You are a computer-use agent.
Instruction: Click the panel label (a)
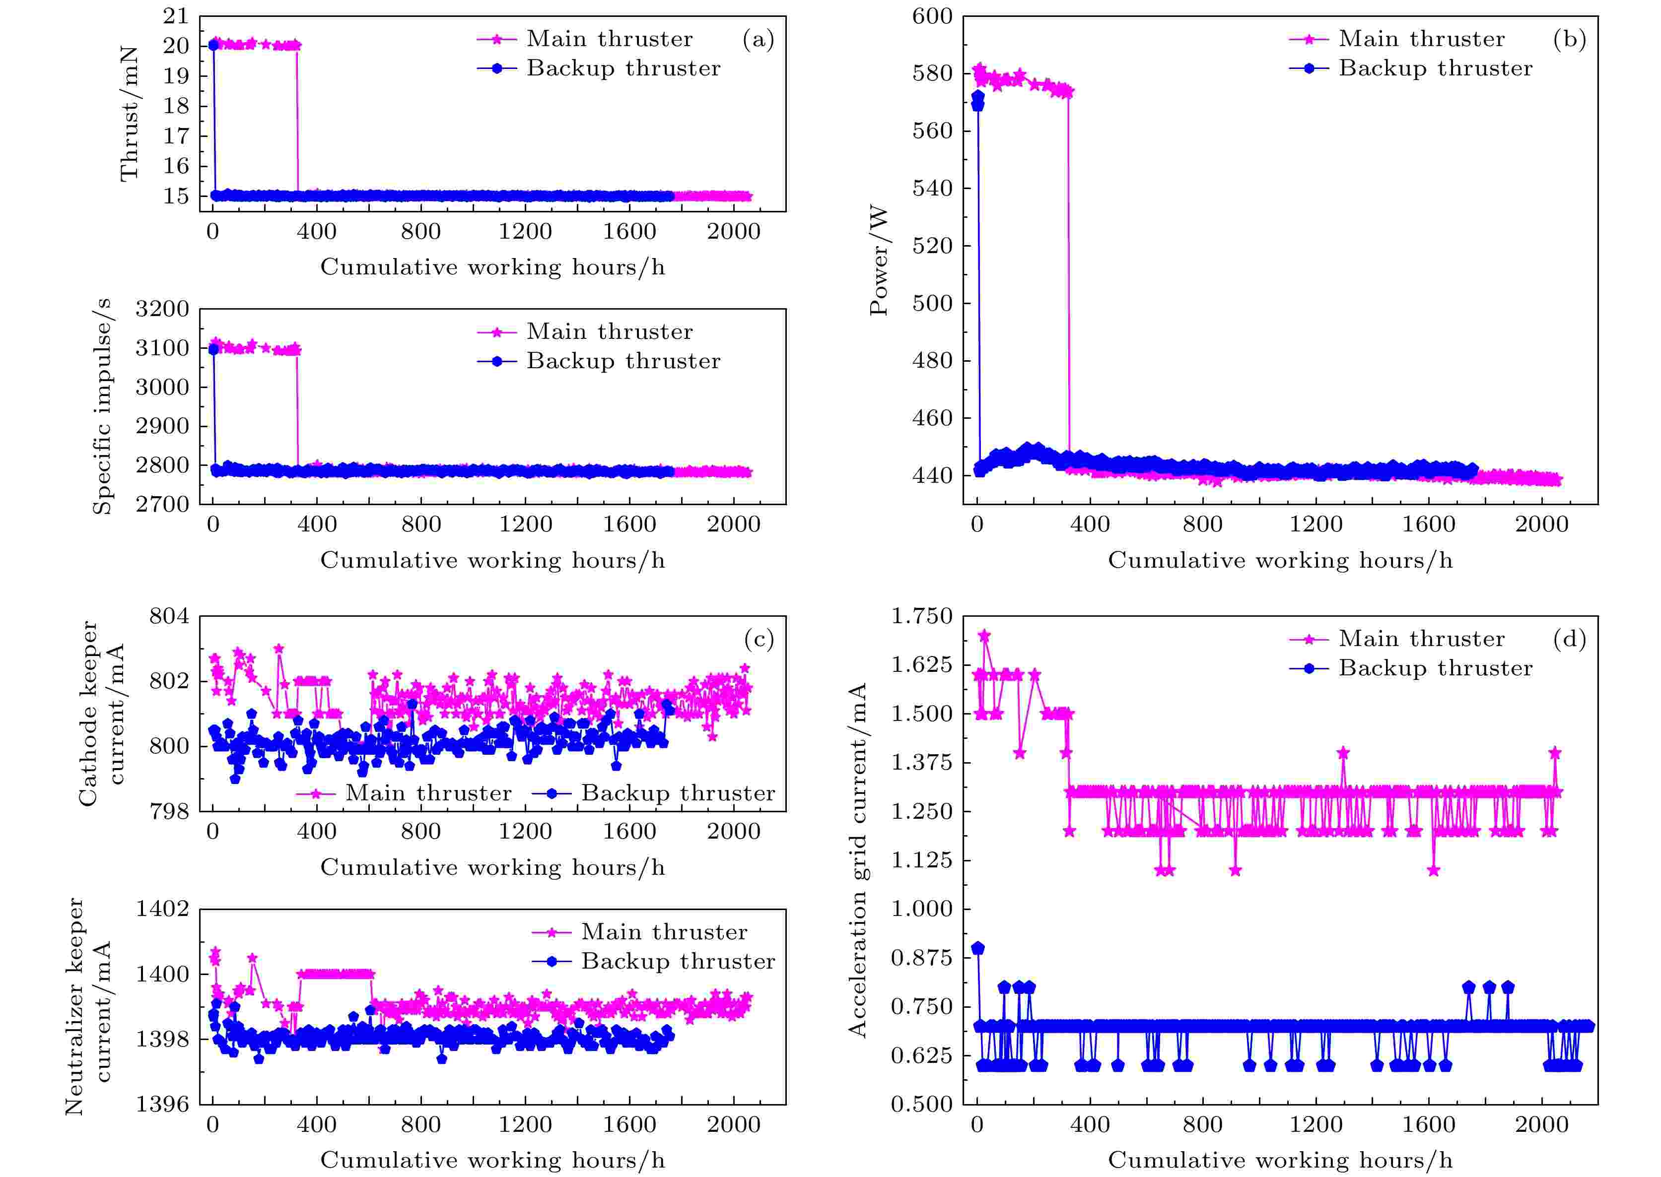tap(758, 39)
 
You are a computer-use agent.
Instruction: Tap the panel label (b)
tap(1570, 39)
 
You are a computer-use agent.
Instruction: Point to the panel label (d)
tap(1570, 639)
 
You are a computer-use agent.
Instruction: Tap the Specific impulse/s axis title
tap(102, 406)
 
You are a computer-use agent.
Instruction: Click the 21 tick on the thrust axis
tap(175, 16)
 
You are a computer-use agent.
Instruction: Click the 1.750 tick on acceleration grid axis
tap(921, 616)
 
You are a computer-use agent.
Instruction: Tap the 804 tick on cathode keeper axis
tap(169, 616)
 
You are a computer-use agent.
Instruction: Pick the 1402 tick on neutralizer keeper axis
tap(162, 909)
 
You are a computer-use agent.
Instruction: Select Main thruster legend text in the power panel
tap(1421, 39)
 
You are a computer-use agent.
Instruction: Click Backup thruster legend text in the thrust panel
tap(623, 68)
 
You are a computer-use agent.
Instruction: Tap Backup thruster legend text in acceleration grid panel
tap(1436, 668)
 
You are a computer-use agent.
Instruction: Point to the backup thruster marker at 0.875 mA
tap(978, 948)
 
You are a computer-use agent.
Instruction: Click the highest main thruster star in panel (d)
tap(984, 636)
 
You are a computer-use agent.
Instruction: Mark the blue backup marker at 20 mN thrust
tap(213, 45)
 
